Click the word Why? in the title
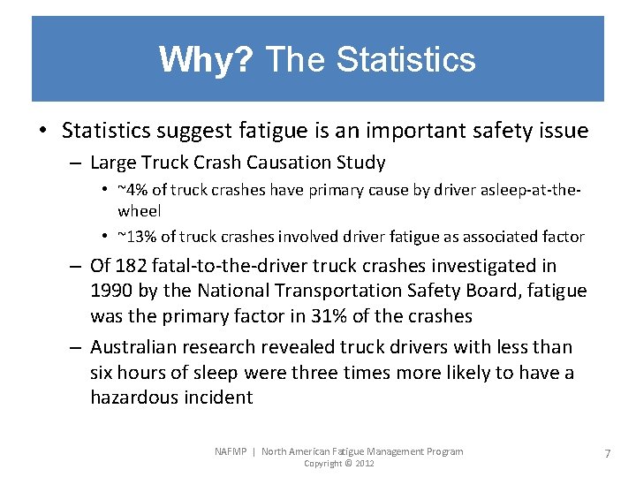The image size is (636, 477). [x=206, y=60]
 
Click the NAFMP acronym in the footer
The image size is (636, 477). [x=231, y=451]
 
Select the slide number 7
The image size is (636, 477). [x=607, y=453]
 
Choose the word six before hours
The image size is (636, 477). [x=103, y=373]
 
